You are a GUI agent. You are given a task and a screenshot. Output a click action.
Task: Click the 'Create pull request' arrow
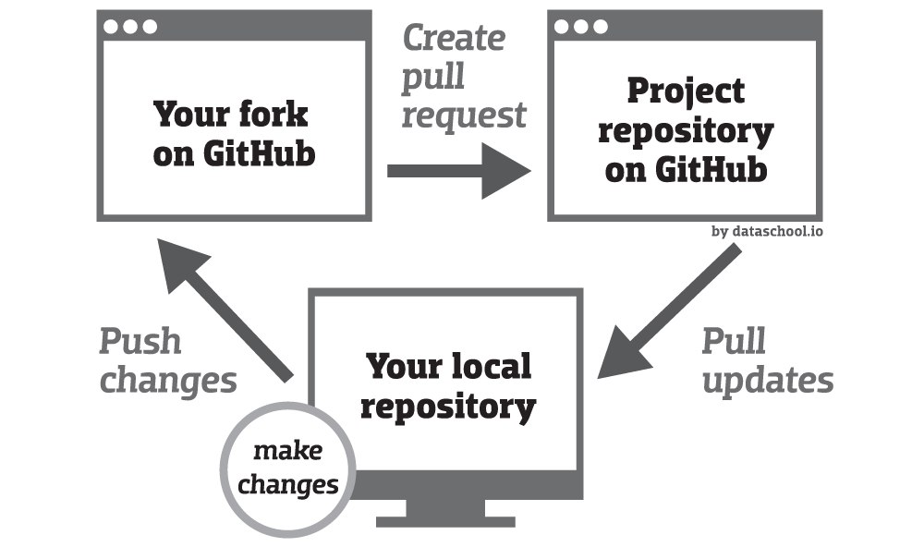458,171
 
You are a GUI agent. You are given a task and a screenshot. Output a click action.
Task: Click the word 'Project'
686,92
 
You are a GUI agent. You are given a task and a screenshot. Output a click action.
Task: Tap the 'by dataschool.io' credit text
767,231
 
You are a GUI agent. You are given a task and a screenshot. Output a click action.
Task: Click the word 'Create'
454,38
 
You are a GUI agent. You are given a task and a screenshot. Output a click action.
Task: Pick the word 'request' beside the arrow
464,115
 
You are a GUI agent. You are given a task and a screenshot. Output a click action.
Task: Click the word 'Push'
140,341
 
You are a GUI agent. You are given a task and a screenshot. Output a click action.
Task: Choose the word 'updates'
768,380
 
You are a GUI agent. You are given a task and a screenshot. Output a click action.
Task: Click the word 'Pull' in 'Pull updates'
734,341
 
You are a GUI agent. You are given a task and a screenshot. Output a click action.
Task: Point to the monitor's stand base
445,522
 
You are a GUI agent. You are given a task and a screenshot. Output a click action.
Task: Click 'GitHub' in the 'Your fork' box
260,153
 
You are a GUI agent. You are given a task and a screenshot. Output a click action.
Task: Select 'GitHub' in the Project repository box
711,170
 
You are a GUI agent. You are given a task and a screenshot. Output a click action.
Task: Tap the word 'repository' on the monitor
448,407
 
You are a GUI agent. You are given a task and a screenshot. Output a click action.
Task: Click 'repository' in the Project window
686,132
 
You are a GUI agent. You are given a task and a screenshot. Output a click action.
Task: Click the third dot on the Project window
601,27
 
